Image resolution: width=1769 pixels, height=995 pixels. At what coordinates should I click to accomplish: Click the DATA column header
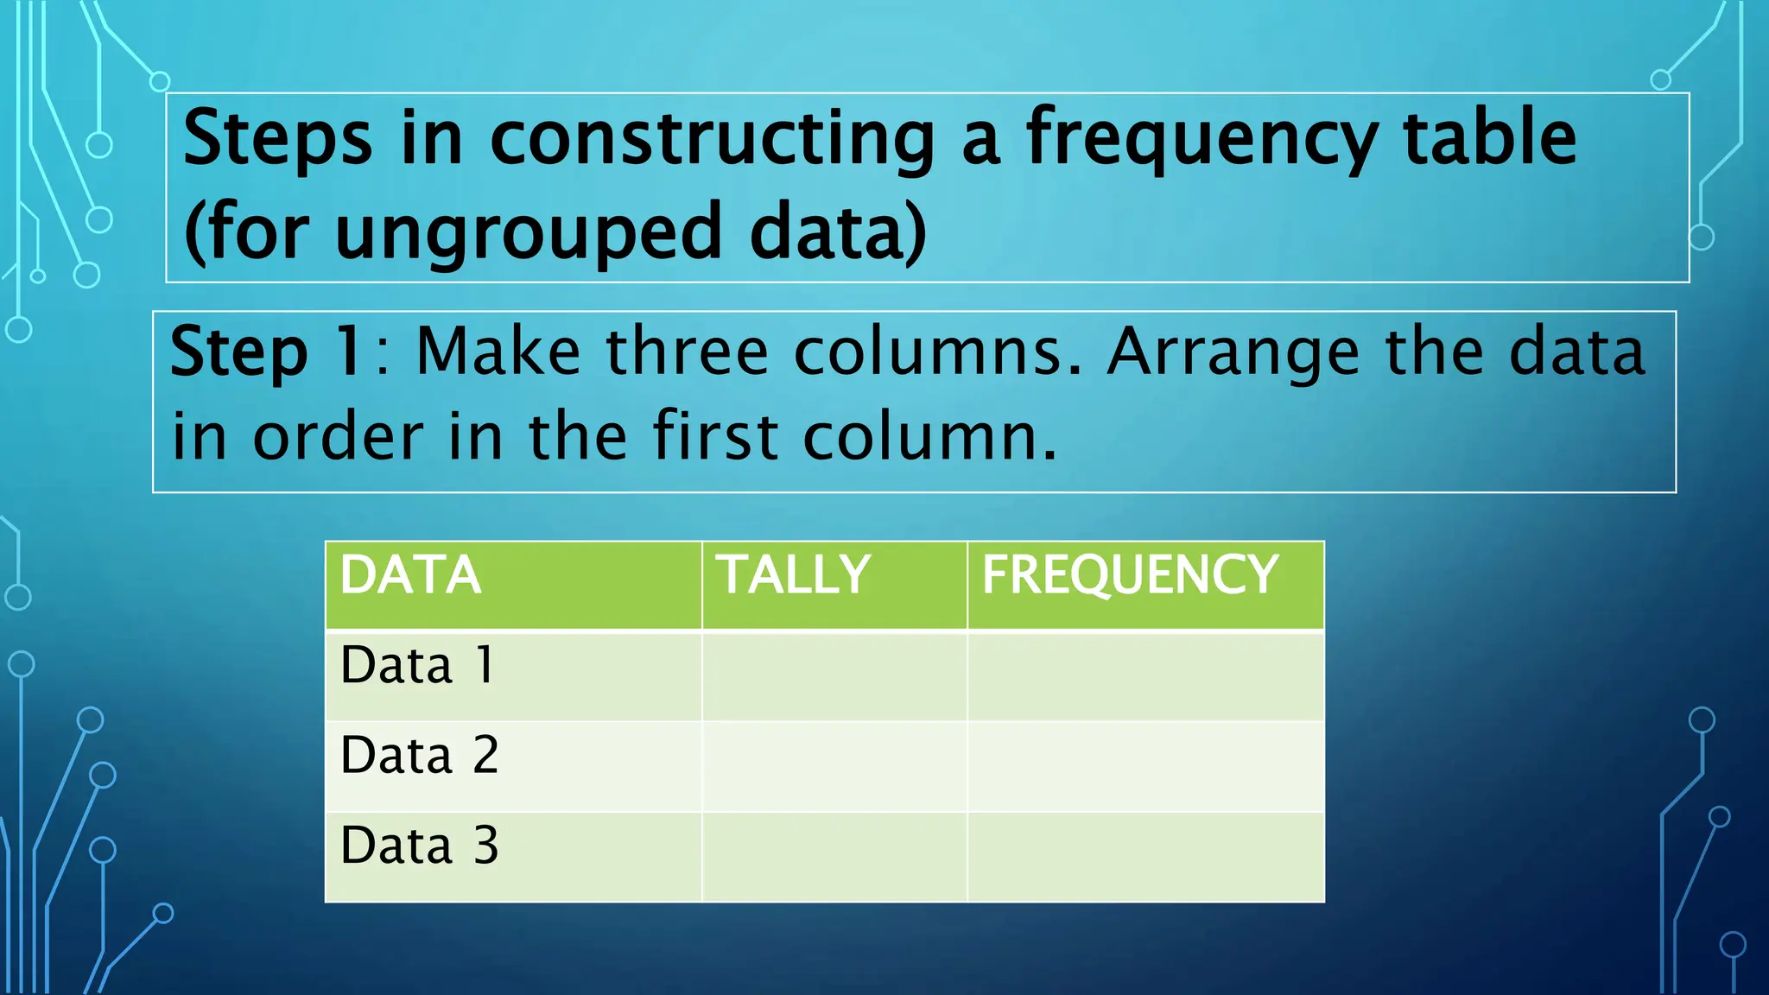coord(410,575)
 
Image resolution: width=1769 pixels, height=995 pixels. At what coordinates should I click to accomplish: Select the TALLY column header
coord(795,575)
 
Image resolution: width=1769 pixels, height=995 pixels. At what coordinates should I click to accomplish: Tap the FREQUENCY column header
coord(1130,575)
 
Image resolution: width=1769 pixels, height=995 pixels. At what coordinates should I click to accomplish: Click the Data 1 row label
coord(418,666)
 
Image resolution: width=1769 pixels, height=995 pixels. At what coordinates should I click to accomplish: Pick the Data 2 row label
coord(420,756)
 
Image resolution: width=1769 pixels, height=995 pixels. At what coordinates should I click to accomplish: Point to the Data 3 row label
coord(420,846)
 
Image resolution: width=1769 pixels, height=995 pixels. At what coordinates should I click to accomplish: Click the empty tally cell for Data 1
coord(834,676)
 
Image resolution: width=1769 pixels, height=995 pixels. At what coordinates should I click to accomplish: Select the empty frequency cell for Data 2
coord(1145,766)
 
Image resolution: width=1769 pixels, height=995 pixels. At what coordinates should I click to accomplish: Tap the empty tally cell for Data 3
coord(834,857)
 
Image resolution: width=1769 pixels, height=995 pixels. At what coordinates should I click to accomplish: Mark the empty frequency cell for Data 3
coord(1145,857)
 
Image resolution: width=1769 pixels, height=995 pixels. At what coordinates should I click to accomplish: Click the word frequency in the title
coord(1201,141)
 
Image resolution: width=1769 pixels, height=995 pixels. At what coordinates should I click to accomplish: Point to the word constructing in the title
coord(713,141)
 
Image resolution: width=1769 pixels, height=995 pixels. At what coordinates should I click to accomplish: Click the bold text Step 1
coord(265,352)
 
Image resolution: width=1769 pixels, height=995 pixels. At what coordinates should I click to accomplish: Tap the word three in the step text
coord(687,352)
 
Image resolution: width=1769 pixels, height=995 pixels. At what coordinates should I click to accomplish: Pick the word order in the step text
coord(338,437)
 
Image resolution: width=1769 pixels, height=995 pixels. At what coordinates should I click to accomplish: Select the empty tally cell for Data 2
coord(834,766)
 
